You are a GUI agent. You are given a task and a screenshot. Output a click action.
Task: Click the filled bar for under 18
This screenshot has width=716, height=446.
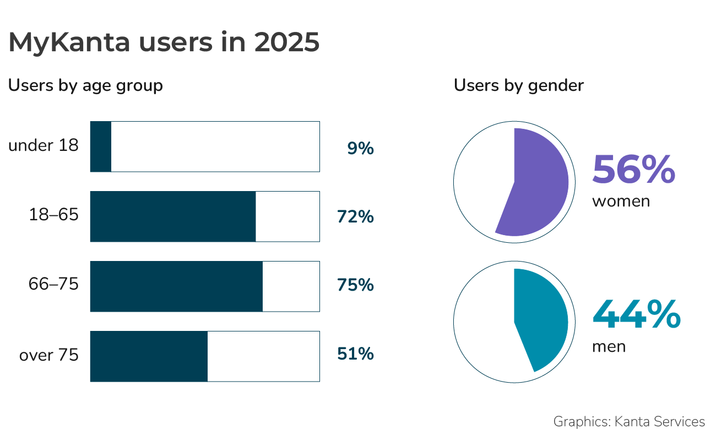click(x=101, y=146)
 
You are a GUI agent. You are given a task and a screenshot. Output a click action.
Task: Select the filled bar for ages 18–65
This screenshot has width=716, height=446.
click(x=173, y=216)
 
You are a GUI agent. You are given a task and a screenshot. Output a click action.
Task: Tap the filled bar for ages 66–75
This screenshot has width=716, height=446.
click(x=176, y=286)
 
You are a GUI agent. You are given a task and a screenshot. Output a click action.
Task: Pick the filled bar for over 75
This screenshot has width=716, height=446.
click(x=149, y=356)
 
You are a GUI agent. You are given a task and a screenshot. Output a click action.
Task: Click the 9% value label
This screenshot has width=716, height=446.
click(x=361, y=148)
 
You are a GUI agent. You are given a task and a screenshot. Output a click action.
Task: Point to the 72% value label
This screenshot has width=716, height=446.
click(x=356, y=217)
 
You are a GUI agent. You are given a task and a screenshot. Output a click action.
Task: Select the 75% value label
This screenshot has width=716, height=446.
click(x=356, y=285)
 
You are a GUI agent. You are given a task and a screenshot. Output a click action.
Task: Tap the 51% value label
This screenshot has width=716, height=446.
click(x=356, y=353)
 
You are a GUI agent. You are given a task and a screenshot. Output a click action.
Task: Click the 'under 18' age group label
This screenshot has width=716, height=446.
click(x=44, y=146)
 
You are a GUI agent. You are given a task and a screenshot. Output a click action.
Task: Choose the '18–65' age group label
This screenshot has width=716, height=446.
click(x=53, y=215)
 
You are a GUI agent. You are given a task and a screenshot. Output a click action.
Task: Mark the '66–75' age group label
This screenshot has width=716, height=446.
click(x=53, y=285)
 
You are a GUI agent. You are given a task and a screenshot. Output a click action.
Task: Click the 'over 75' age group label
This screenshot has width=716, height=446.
click(x=49, y=355)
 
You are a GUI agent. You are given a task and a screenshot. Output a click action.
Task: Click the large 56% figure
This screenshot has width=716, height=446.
click(x=633, y=170)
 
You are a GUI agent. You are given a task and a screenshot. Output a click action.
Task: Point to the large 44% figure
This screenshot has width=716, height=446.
click(x=636, y=316)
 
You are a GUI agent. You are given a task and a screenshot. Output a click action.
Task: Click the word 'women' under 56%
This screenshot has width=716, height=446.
click(x=621, y=202)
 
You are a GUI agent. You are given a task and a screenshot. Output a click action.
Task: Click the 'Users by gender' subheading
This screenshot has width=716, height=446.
click(x=519, y=86)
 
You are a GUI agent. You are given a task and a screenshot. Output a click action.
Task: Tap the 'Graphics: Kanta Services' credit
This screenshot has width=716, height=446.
click(x=629, y=422)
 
